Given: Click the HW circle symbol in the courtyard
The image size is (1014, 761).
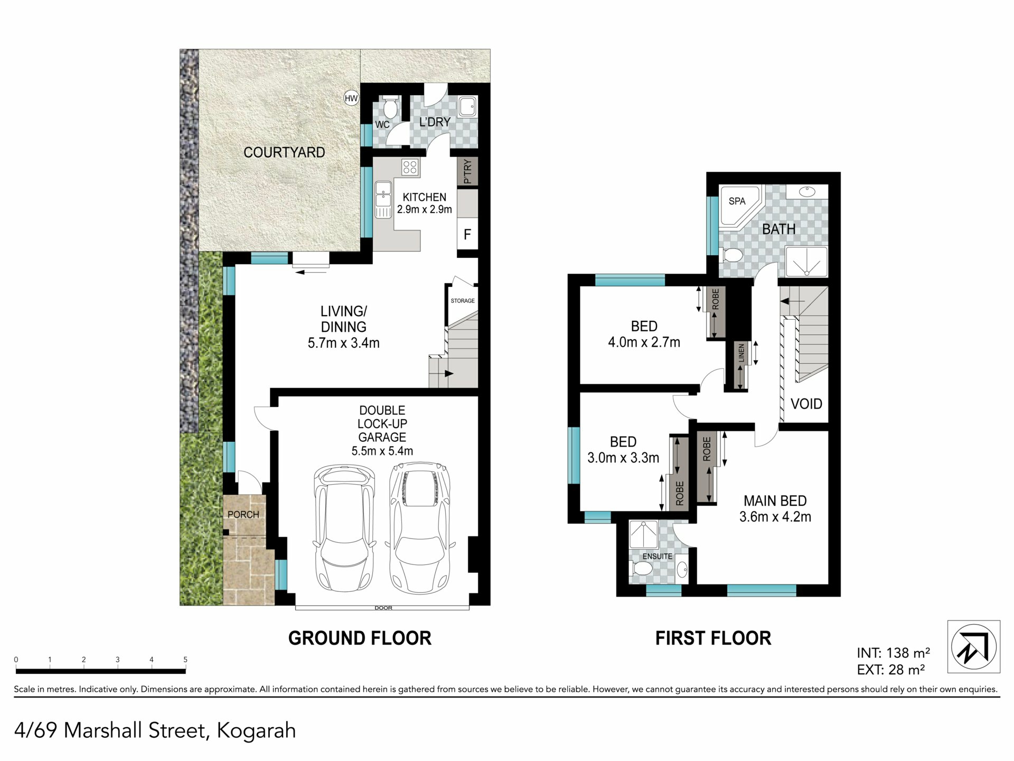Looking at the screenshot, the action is [351, 98].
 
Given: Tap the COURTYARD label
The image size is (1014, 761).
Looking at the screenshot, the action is [284, 152].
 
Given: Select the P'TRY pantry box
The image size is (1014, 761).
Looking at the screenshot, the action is [467, 171].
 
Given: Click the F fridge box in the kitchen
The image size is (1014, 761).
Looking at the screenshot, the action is [467, 234].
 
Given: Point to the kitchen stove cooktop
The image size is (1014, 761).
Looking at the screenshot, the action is [410, 168].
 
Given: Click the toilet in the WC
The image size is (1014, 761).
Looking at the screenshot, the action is [390, 107].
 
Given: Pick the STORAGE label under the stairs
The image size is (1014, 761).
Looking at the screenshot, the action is [463, 301].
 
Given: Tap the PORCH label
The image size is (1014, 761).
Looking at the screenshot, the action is [243, 514].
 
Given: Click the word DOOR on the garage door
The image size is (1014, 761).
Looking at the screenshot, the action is [383, 608].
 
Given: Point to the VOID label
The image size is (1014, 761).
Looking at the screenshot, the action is [806, 404].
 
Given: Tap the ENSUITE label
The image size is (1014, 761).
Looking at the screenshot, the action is [658, 556].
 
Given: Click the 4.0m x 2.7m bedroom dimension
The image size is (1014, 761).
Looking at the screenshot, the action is [644, 342].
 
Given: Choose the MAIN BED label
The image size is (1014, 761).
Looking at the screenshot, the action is [775, 500].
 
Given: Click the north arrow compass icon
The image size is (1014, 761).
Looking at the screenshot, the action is [974, 646].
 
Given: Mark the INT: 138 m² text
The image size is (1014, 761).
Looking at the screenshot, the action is [894, 653].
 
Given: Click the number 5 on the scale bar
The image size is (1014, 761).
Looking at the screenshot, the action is [185, 660].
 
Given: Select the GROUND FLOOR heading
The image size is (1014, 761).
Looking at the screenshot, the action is [360, 638].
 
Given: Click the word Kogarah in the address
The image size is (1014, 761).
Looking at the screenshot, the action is [256, 730].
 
